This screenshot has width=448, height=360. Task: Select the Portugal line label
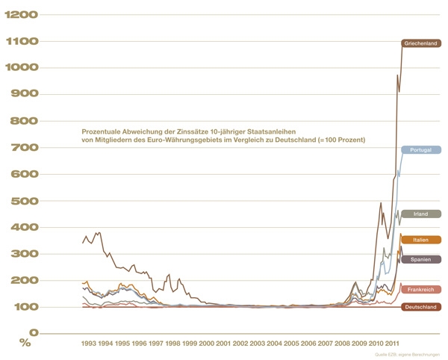pyautogui.click(x=420, y=150)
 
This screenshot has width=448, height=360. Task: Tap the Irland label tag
pyautogui.click(x=420, y=214)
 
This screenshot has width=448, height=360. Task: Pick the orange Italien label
pyautogui.click(x=420, y=240)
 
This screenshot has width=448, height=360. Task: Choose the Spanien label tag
pyautogui.click(x=420, y=259)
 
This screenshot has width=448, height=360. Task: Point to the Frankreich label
pyautogui.click(x=420, y=289)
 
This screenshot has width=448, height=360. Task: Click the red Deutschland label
pyautogui.click(x=420, y=307)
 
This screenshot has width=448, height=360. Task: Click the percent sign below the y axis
pyautogui.click(x=25, y=344)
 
